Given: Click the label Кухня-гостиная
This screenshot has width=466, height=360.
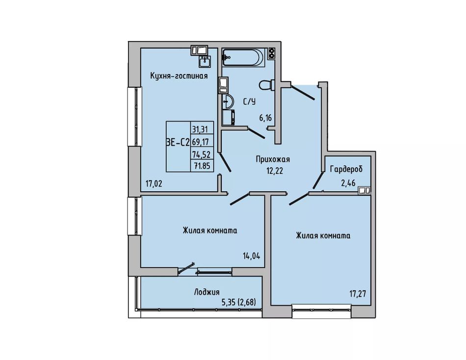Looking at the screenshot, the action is coord(179,76).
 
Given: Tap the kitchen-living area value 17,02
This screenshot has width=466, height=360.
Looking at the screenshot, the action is coord(154,184).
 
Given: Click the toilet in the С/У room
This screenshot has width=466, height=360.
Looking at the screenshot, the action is coord(266,85).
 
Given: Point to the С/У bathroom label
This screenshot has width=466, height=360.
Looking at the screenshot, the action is coord(249,102).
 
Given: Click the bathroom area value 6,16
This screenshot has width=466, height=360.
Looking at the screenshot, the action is coord(265,118).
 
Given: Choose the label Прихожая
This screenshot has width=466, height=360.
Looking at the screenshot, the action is coord(273,159).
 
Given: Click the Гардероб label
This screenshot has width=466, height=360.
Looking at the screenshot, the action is coord(346,169).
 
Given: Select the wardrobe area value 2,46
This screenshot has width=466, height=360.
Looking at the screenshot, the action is coord(348,182).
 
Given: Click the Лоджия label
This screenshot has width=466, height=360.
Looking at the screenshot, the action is coord(207,292).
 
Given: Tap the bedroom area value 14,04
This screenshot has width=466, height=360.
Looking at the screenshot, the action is coord(252,256).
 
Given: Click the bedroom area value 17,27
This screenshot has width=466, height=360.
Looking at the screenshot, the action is coord(358,294).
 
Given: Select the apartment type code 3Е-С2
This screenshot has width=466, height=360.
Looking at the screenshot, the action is coord(178,143).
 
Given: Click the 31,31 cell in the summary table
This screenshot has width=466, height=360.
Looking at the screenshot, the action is coord(202,129).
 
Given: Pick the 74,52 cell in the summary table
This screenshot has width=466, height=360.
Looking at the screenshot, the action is coord(202,154).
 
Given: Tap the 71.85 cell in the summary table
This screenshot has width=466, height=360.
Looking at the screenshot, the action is coord(202,166).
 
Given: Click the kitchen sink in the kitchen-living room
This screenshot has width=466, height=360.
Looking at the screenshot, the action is coord(204,61).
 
